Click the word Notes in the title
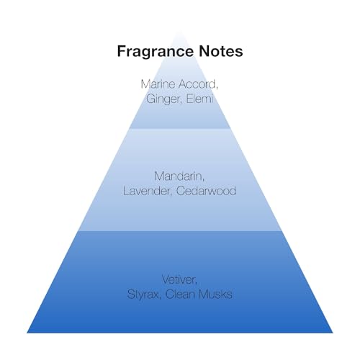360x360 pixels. [x=221, y=51]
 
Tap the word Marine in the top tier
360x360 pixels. [x=158, y=84]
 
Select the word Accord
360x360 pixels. [x=198, y=85]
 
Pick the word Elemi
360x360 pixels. [x=199, y=99]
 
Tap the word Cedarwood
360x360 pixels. [x=206, y=191]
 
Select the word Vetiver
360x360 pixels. [x=179, y=280]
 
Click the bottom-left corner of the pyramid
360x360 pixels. [x=27, y=333]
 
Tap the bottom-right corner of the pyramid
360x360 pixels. [x=333, y=333]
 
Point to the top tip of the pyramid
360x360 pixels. [x=180, y=31]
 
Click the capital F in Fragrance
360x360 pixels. [x=122, y=51]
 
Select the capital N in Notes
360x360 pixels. [x=204, y=51]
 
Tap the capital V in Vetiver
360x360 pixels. [x=166, y=280]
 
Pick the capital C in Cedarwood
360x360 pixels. [x=181, y=191]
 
